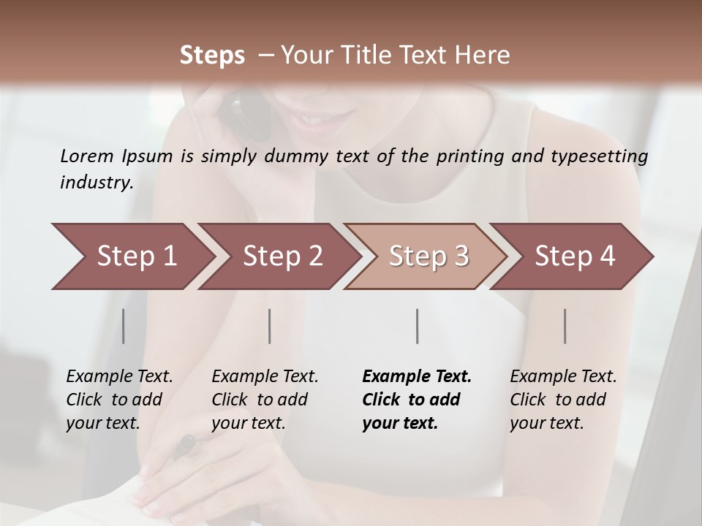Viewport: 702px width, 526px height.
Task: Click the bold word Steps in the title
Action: (212, 56)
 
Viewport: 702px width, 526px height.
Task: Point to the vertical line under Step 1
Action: (124, 326)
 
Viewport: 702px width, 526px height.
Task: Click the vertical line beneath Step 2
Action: (270, 326)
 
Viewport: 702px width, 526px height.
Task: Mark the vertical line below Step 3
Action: (418, 326)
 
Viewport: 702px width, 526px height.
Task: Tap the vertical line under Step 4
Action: (565, 326)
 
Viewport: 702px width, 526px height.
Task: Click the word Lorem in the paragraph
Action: (86, 156)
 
